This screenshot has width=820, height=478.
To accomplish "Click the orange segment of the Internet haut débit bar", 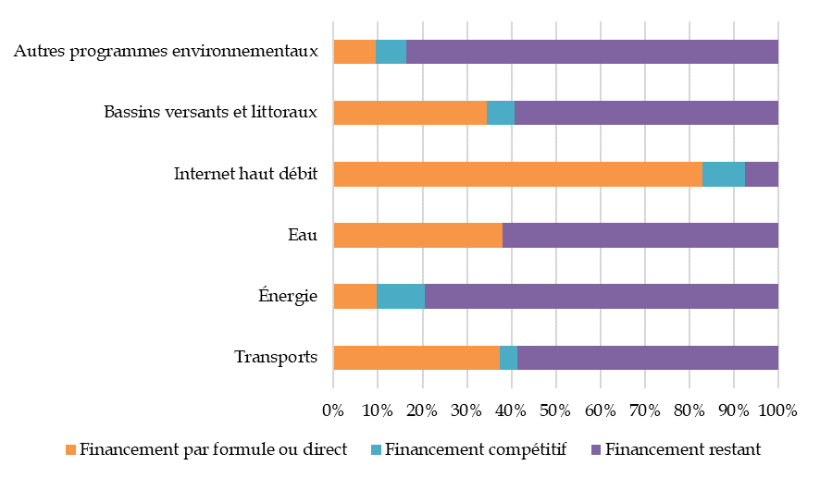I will coord(517,174).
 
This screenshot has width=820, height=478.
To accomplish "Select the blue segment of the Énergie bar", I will coord(401,296).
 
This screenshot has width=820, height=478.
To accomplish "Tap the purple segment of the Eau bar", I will coord(640,235).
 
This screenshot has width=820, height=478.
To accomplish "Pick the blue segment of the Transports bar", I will coord(508,357).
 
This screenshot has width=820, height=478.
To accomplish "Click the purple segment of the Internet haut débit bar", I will coord(761,174).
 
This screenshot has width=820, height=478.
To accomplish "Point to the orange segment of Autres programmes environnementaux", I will coord(354,52).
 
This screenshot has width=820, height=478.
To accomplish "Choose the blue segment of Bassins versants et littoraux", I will coord(500,113).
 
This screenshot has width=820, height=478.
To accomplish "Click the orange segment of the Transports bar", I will coord(416,357).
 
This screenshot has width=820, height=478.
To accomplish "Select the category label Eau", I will coord(303,235).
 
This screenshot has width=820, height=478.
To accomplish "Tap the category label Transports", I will coord(276,358).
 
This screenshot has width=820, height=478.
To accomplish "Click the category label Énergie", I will coord(288,297).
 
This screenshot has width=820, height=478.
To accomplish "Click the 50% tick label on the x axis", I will coord(555,410).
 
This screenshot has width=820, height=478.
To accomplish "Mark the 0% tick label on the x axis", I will coord(333,410).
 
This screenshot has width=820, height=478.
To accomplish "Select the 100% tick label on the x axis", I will coord(777,410).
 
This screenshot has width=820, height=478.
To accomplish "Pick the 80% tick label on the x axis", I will coord(689,410).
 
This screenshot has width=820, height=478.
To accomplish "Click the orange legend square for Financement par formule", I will coord(70,450).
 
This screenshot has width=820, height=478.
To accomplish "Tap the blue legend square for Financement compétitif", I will coord(376,450).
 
